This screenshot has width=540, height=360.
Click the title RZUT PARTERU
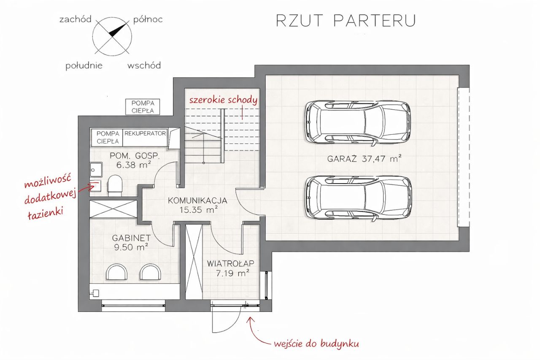coord(346,21)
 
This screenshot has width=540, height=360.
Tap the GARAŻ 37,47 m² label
coord(364,159)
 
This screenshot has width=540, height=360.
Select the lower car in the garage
coord(358,197)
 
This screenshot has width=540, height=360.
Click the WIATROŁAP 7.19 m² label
coord(230,268)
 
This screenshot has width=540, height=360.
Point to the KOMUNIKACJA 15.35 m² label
coord(197,205)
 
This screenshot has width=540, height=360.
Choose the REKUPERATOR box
coord(145,133)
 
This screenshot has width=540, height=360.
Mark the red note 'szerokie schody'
coord(223,100)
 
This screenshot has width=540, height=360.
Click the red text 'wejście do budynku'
coord(316,344)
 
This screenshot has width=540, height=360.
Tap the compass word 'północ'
coord(148,19)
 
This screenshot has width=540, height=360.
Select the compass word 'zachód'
coord(76,19)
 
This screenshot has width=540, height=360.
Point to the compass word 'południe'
coord(84,66)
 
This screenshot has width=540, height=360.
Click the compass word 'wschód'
coord(144,66)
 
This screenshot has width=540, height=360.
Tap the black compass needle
coord(118,30)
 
